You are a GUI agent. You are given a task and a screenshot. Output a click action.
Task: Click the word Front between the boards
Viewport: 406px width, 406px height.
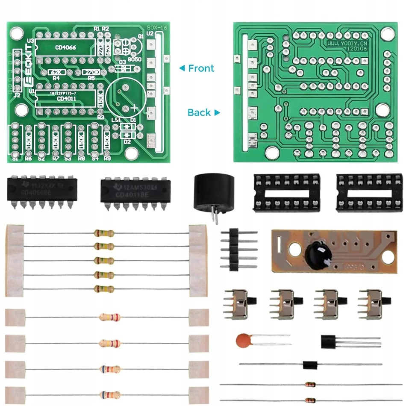pyautogui.click(x=201, y=68)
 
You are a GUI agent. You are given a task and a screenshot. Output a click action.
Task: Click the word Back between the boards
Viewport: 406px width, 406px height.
pyautogui.click(x=199, y=113)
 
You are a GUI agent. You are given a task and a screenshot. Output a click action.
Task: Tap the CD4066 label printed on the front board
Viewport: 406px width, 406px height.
pyautogui.click(x=65, y=48)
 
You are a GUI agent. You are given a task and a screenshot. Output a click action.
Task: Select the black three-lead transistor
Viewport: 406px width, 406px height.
pyautogui.click(x=330, y=342)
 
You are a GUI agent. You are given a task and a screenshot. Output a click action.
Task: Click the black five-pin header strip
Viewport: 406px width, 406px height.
pyautogui.click(x=234, y=250)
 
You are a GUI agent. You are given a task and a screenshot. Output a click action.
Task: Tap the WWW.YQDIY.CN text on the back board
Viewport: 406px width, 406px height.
pyautogui.click(x=347, y=43)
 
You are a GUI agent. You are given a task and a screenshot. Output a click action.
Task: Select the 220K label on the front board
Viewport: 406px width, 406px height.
pyautogui.click(x=91, y=72)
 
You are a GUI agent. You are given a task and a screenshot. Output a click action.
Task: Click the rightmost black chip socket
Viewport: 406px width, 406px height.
pyautogui.click(x=369, y=192)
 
